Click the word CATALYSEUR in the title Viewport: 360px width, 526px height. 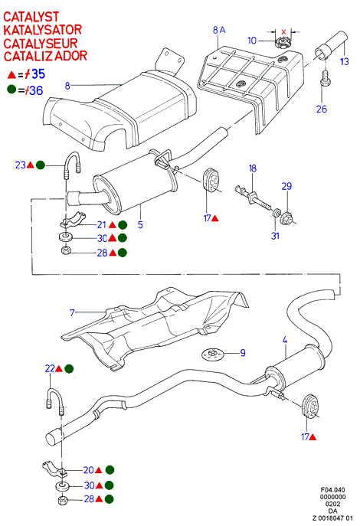click(x=41, y=43)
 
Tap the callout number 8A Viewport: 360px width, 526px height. click(x=219, y=30)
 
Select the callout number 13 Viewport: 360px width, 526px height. click(x=344, y=61)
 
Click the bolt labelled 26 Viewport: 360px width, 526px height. click(x=325, y=79)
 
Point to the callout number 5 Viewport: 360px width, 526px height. click(x=140, y=224)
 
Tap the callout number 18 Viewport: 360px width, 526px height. click(x=253, y=168)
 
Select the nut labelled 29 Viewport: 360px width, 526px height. click(x=288, y=217)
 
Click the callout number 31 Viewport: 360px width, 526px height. click(x=275, y=236)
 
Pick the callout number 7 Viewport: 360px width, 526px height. click(x=72, y=312)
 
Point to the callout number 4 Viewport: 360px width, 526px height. click(x=285, y=340)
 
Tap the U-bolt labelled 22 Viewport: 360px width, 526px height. click(x=55, y=402)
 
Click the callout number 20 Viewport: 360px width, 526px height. click(x=89, y=470)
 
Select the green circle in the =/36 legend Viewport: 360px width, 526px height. click(x=11, y=90)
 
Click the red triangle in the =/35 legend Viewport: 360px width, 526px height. click(x=11, y=74)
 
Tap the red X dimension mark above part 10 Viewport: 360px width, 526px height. click(x=283, y=32)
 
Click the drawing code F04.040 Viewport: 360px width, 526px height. click(x=332, y=490)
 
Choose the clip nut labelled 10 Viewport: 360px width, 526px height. click(x=282, y=43)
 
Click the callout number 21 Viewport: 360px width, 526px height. click(x=102, y=225)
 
